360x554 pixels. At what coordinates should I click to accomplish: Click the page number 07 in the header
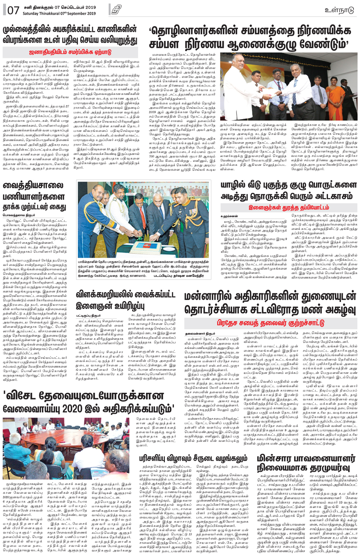[x=13, y=10]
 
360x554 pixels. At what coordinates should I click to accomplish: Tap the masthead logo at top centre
[x=116, y=10]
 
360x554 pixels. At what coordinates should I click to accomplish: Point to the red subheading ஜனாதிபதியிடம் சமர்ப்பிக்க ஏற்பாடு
[x=70, y=52]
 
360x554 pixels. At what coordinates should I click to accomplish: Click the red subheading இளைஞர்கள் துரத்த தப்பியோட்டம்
[x=289, y=208]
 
